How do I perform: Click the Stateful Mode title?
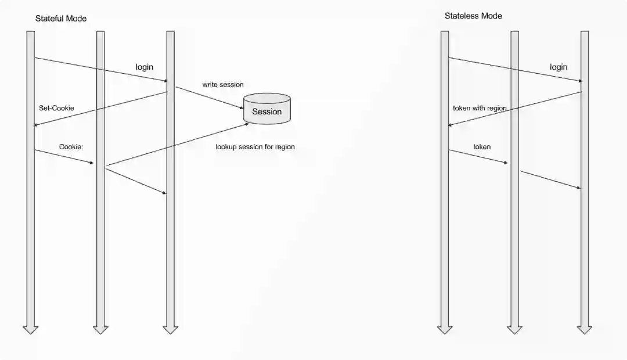(60, 19)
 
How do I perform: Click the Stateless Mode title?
(473, 16)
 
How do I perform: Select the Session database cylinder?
(267, 109)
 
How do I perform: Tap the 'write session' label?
(223, 85)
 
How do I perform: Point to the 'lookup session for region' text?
(255, 147)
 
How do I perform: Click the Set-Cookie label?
(56, 108)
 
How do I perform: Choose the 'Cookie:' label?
(71, 147)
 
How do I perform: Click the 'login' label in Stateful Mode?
(145, 67)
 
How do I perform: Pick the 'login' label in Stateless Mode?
(558, 67)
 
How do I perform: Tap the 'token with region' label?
(480, 108)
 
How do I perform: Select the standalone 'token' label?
(482, 147)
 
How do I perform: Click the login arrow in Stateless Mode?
(515, 70)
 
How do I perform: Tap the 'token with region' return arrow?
(515, 109)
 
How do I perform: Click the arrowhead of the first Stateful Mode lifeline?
(30, 329)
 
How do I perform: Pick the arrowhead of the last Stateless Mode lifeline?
(585, 329)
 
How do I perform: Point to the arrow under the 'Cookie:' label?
(64, 157)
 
